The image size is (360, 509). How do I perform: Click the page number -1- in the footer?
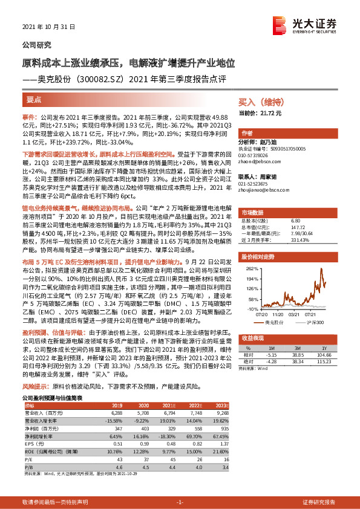point(180,502)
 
